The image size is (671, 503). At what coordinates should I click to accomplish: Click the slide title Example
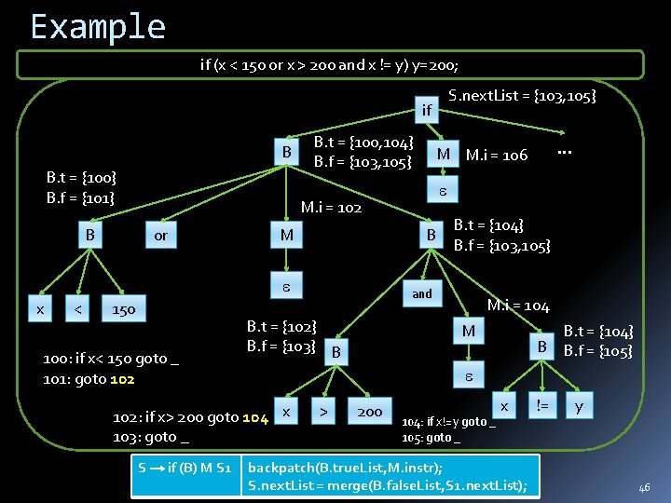click(x=97, y=26)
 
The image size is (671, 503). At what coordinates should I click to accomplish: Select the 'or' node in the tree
click(x=160, y=235)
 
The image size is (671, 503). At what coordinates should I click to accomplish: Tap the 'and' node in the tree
click(x=422, y=293)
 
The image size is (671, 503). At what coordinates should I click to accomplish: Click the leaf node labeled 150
click(x=124, y=308)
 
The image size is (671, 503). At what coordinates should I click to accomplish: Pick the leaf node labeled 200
click(x=369, y=411)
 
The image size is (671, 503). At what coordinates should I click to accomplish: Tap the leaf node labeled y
click(x=579, y=406)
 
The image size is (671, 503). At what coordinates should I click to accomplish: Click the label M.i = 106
click(x=497, y=155)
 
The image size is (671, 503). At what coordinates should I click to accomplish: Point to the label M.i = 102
click(x=331, y=207)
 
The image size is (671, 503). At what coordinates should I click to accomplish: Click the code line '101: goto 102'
click(x=89, y=379)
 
